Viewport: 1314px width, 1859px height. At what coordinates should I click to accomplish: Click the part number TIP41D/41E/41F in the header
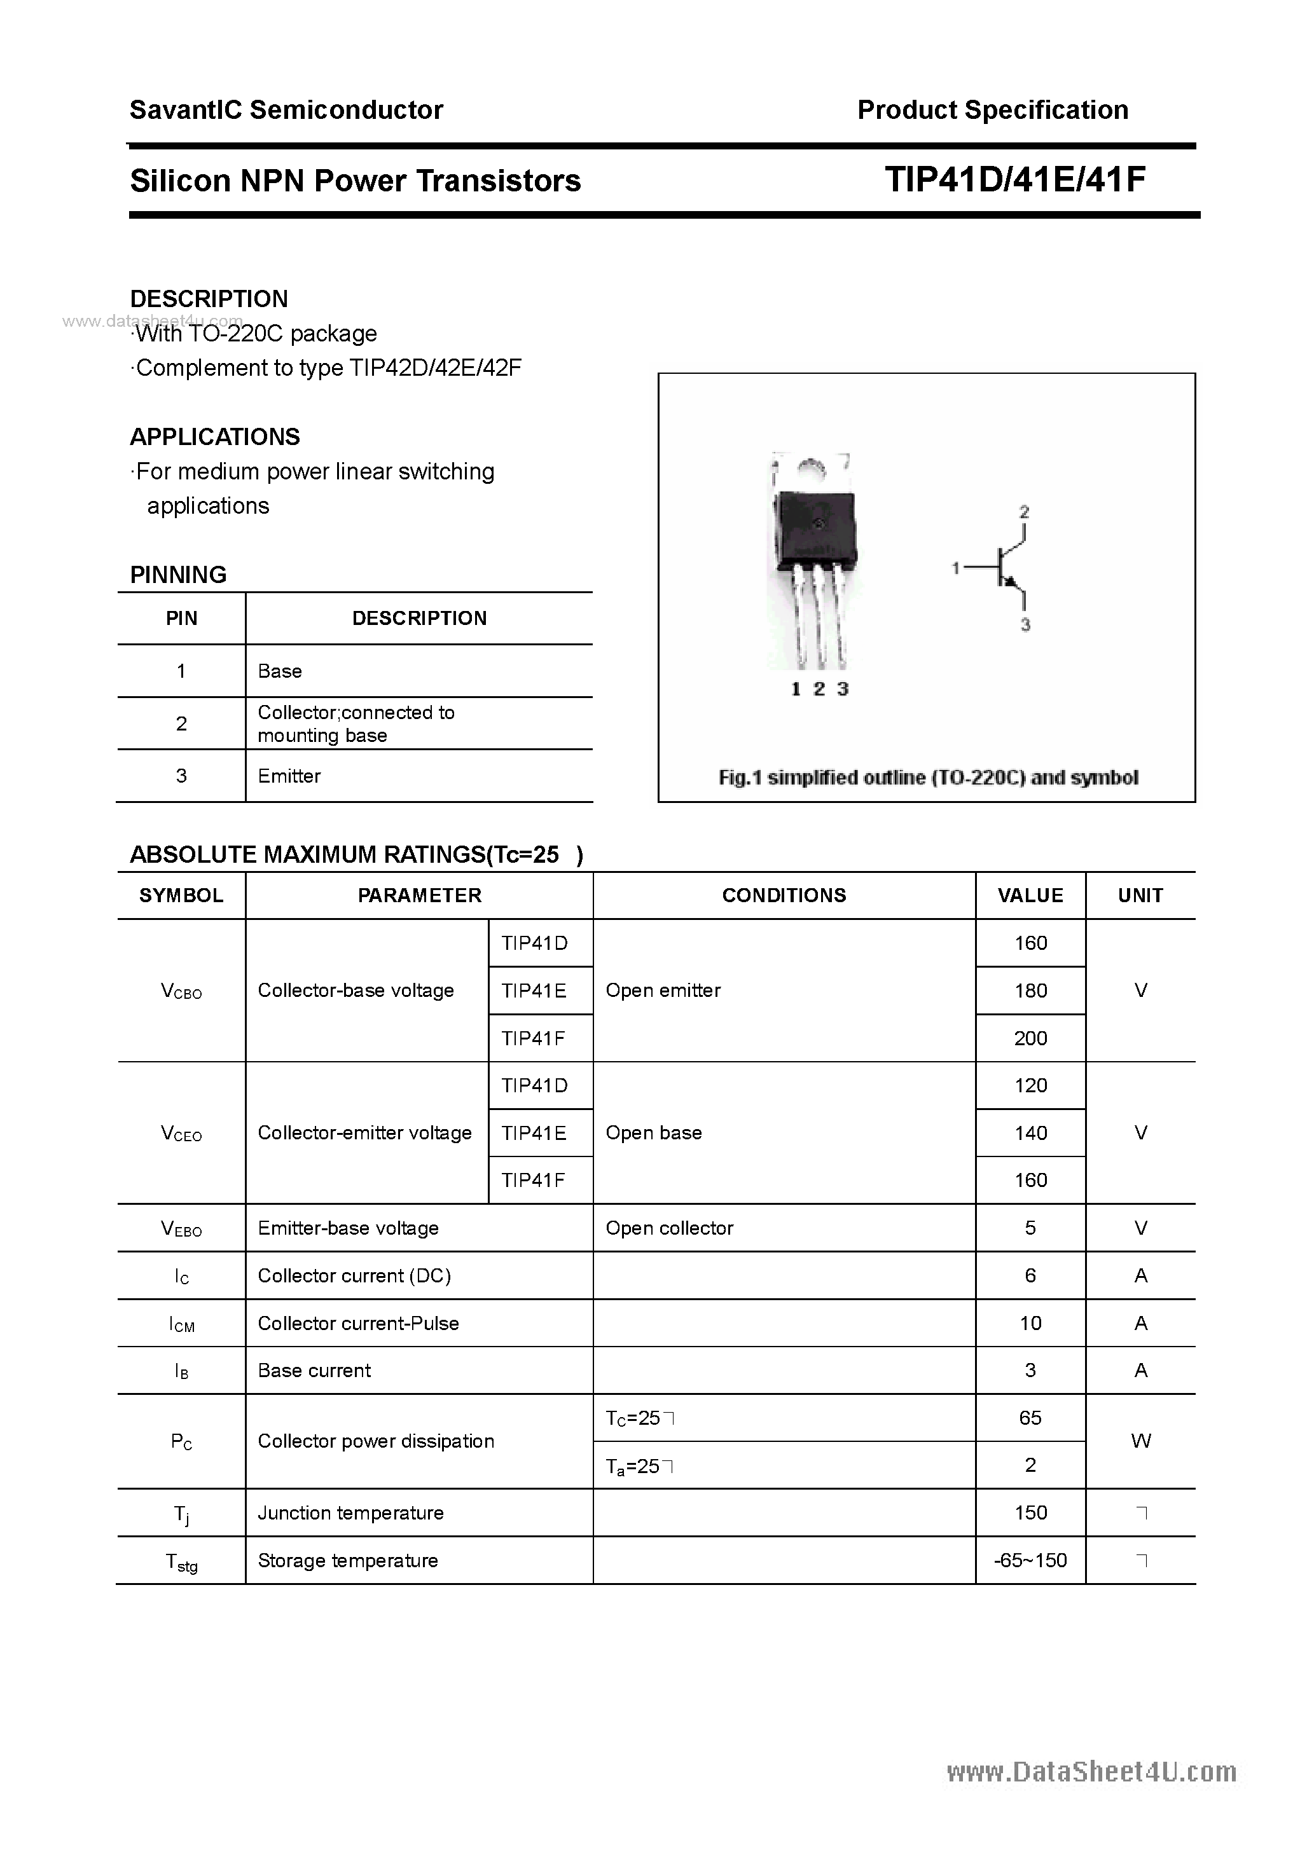click(x=1015, y=180)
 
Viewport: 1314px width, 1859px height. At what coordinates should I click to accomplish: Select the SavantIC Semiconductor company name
click(x=286, y=109)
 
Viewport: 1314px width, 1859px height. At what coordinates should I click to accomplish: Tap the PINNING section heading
click(x=178, y=574)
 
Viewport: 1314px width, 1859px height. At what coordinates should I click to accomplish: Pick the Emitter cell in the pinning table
click(x=289, y=776)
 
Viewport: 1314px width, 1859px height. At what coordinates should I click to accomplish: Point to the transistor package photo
click(x=812, y=559)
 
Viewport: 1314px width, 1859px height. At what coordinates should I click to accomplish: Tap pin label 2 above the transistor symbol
click(x=1024, y=512)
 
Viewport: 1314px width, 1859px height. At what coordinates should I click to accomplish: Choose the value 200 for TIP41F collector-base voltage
click(x=1030, y=1038)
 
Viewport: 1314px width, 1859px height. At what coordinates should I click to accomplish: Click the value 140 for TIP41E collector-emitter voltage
click(x=1030, y=1133)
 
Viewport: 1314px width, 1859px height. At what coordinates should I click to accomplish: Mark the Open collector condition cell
click(x=669, y=1228)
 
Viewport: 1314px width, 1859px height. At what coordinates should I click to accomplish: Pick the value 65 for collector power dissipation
click(x=1030, y=1417)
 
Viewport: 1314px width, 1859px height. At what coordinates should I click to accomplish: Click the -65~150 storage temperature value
click(x=1030, y=1560)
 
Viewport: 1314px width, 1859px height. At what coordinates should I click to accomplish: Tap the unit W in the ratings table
click(x=1140, y=1441)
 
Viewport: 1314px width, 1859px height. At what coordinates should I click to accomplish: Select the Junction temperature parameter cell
click(x=351, y=1513)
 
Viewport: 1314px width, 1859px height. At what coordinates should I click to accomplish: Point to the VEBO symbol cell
click(x=181, y=1228)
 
